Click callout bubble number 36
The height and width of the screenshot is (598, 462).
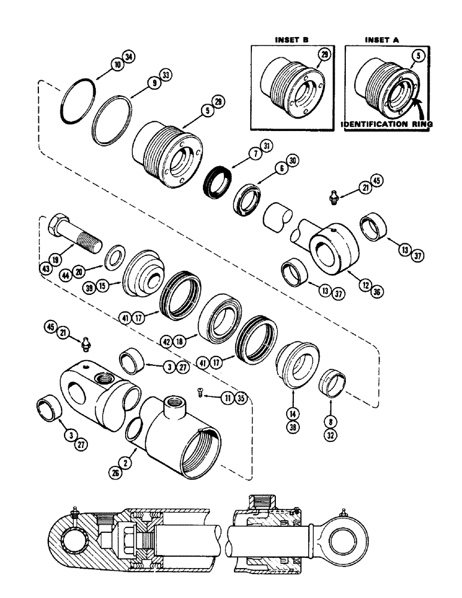(x=378, y=292)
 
